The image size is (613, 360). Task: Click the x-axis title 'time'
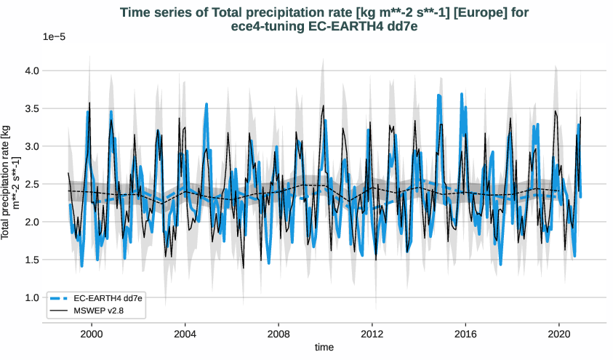[324, 348]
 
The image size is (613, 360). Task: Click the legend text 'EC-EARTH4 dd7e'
[107, 298]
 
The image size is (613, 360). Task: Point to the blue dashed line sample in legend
[60, 298]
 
